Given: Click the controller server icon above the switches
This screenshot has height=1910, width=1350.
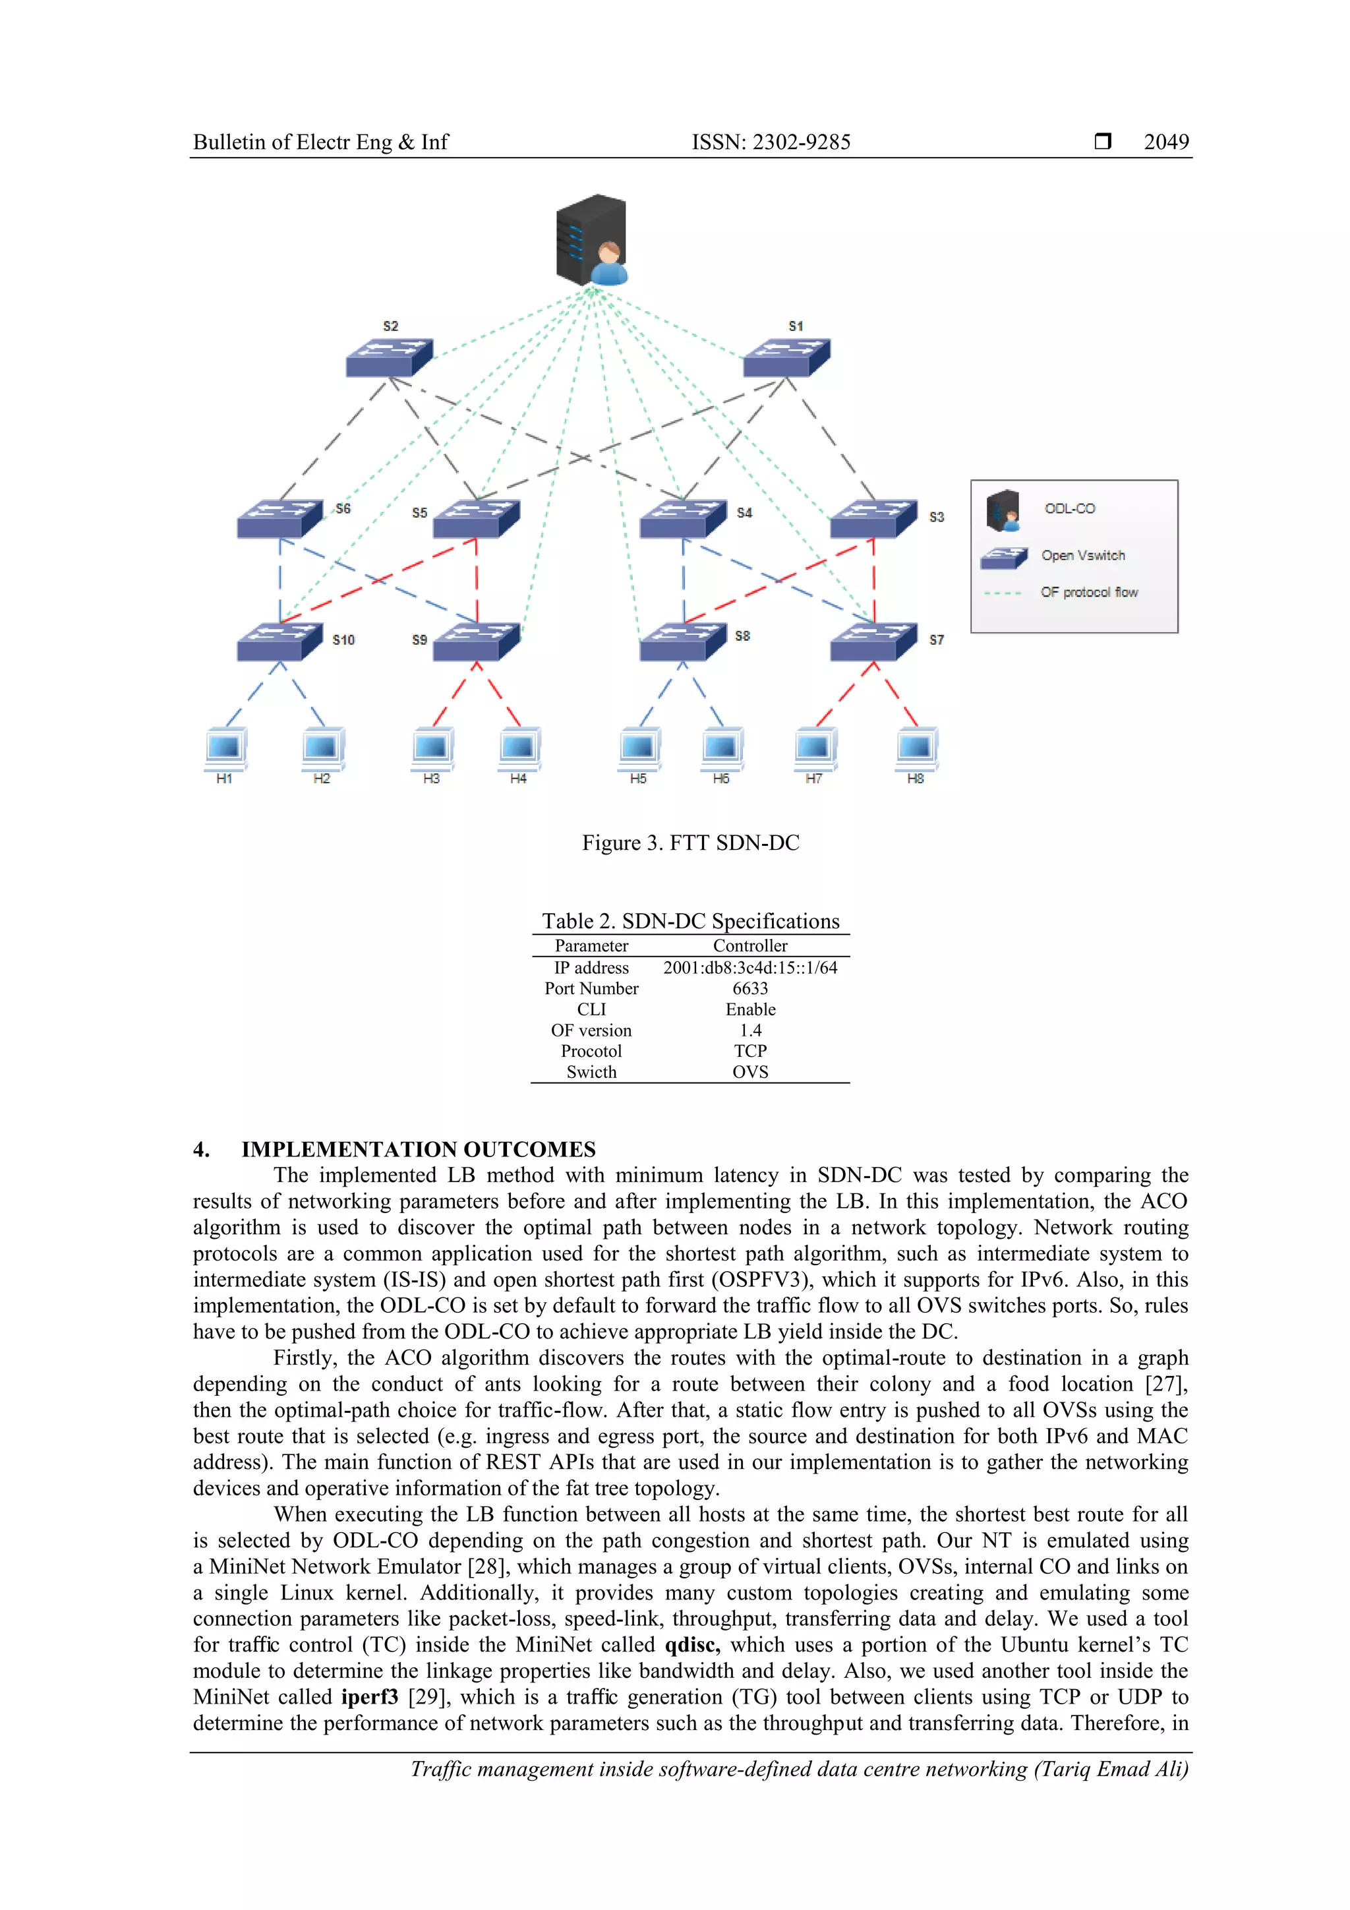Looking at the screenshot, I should tap(591, 241).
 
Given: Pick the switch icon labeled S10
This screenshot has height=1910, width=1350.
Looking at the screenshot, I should tap(279, 642).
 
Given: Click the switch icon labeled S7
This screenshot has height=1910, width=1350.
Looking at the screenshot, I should tap(873, 642).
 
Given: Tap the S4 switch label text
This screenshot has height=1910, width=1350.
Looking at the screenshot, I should tap(744, 514).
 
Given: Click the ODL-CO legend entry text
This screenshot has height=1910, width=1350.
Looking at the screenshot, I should tap(1070, 508).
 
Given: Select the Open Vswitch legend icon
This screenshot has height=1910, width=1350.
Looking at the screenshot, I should tap(1003, 557).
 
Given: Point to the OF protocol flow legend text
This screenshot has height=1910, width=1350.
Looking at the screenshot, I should tap(1089, 592).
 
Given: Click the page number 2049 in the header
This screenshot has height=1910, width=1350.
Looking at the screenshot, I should tap(1166, 142).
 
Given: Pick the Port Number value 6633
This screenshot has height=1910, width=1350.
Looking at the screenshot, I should tap(749, 988).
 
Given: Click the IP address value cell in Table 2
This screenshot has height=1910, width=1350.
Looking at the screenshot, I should tap(749, 967).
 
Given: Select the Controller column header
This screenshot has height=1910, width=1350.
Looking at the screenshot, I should tap(749, 946).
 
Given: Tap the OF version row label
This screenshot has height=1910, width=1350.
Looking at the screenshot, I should tap(591, 1030).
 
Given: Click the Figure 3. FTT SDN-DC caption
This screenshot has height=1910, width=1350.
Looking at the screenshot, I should tap(690, 843).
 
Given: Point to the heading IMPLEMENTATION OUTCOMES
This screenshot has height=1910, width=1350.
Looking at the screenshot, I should tap(419, 1150).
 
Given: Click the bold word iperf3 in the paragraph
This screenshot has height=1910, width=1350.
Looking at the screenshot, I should tap(369, 1697).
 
